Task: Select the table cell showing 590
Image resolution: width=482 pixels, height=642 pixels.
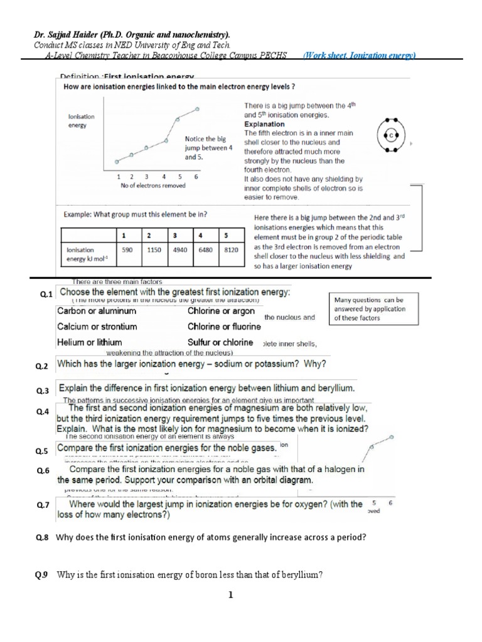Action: tap(127, 250)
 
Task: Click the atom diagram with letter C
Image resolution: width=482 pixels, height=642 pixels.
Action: tap(390, 134)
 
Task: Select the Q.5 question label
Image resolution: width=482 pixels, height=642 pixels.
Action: tap(43, 451)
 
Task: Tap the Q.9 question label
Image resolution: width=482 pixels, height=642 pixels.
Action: tap(42, 574)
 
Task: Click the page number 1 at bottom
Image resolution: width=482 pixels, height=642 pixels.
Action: tap(232, 596)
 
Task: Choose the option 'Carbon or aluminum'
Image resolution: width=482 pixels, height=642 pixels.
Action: tap(97, 311)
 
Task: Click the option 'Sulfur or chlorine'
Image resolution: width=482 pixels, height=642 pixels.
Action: tap(220, 342)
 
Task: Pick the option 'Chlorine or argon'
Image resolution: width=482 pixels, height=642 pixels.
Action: tap(221, 311)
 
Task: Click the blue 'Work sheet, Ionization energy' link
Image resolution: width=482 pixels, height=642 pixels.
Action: tap(359, 55)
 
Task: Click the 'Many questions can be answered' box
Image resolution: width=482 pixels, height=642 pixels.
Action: tap(369, 309)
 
